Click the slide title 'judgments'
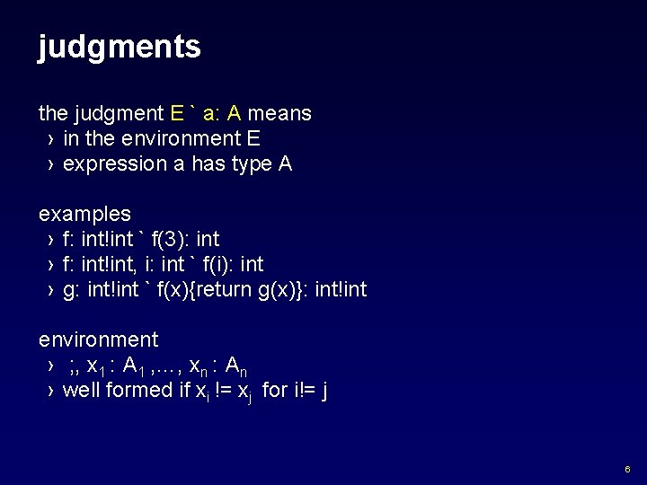[x=120, y=47]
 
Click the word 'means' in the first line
[x=279, y=114]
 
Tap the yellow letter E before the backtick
[x=177, y=114]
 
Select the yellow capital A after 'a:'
[x=234, y=114]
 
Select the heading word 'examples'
[x=84, y=215]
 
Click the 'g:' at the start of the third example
[x=72, y=290]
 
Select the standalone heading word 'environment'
[x=98, y=340]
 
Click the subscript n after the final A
[x=243, y=369]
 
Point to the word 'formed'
[x=137, y=391]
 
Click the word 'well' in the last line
[x=81, y=391]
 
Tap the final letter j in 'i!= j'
[x=323, y=392]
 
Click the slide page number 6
[x=627, y=470]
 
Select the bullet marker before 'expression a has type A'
[x=49, y=165]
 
